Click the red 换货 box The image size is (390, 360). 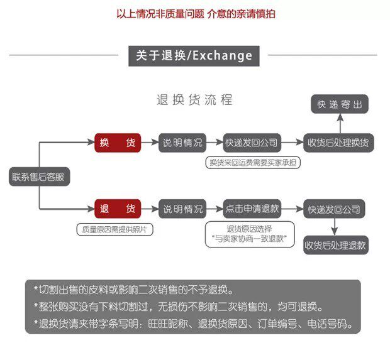point(118,143)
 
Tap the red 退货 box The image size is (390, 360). point(118,209)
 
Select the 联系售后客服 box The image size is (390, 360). point(38,177)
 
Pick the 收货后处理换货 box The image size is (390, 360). point(339,143)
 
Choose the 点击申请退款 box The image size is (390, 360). point(252,209)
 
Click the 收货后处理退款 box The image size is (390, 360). point(335,245)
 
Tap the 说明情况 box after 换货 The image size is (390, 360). point(183,143)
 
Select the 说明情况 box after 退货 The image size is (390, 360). point(183,209)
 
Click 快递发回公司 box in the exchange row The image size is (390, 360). point(252,143)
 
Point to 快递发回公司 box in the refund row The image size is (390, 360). point(334,209)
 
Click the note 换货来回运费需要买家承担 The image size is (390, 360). point(254,163)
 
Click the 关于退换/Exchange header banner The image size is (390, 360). point(194,55)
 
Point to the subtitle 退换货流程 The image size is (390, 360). point(194,100)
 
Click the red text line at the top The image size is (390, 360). point(196,13)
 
